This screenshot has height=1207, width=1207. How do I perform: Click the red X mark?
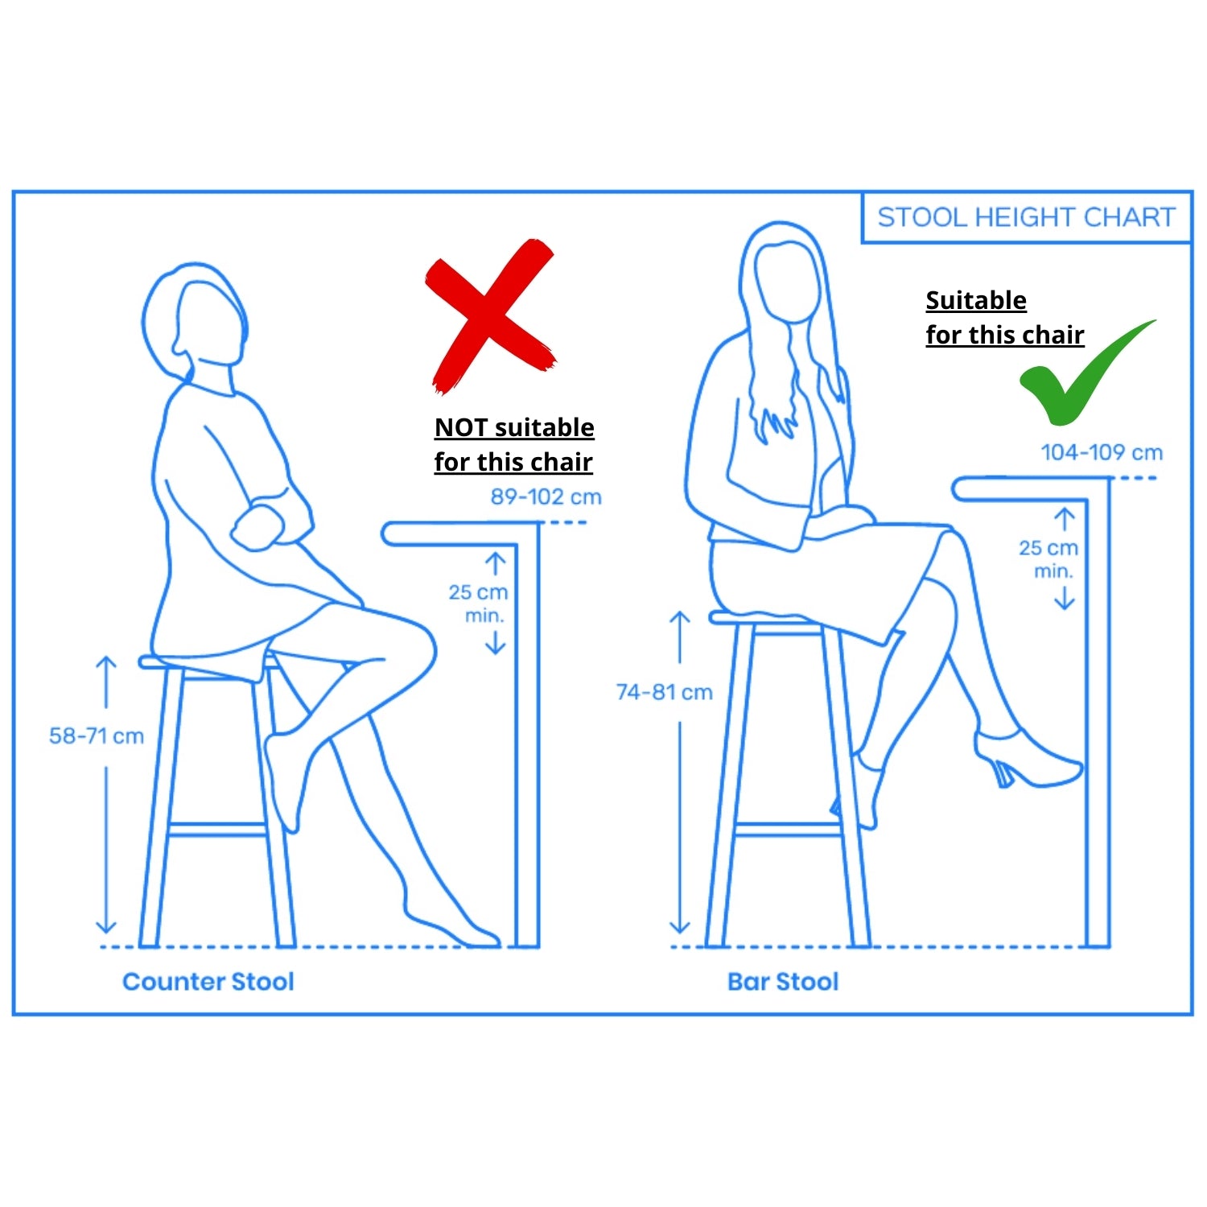[x=490, y=316]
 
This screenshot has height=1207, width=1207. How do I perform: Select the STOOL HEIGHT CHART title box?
[x=1026, y=217]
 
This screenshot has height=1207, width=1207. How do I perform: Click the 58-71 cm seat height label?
[x=97, y=735]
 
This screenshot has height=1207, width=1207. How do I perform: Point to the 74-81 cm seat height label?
[x=664, y=692]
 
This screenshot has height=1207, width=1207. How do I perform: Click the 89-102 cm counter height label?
[x=546, y=496]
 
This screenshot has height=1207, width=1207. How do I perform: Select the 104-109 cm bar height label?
[x=1102, y=452]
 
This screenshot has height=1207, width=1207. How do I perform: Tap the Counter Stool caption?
[x=208, y=982]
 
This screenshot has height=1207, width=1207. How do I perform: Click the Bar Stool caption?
[x=783, y=982]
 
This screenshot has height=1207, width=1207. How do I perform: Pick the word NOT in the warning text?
[x=461, y=427]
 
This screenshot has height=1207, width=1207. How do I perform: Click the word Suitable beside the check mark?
[x=976, y=300]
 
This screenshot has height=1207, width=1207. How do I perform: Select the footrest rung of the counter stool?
[x=217, y=829]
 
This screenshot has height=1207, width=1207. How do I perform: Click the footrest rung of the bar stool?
[x=789, y=829]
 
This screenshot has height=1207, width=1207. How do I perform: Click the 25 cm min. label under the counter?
[x=479, y=603]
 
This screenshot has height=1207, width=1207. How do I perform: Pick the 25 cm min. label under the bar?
[x=1048, y=559]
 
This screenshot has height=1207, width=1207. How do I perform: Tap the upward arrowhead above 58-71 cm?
[x=106, y=664]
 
